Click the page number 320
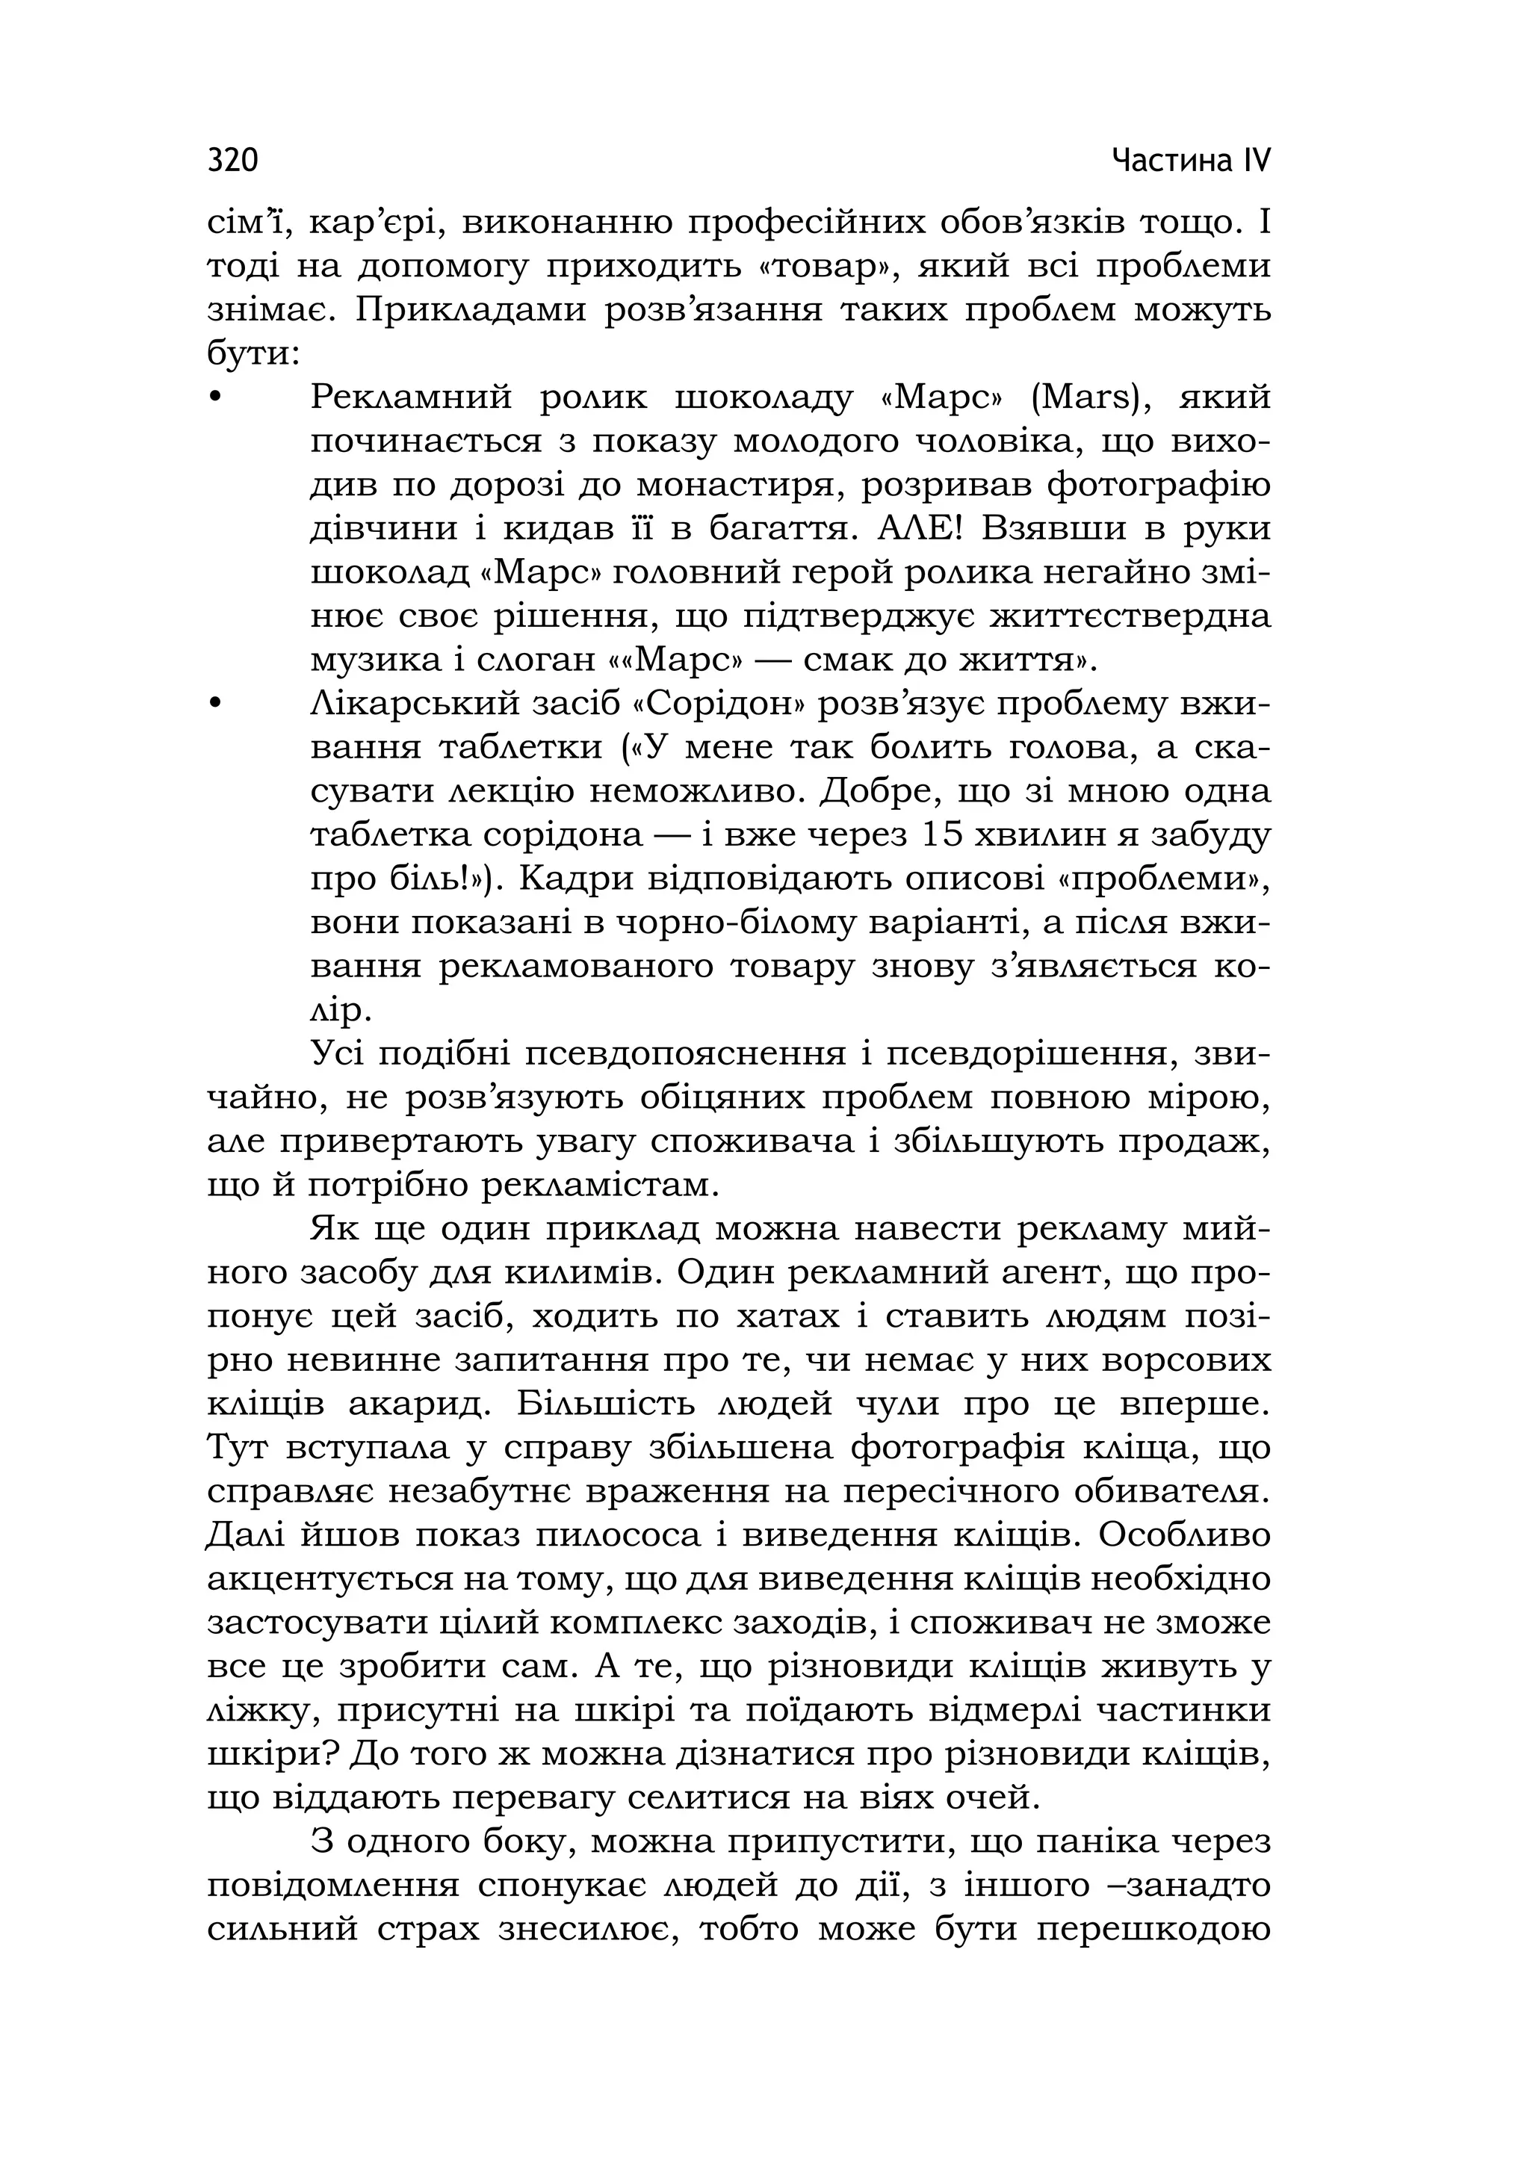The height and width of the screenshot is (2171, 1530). pyautogui.click(x=232, y=161)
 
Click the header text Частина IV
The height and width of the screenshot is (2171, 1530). pyautogui.click(x=1191, y=161)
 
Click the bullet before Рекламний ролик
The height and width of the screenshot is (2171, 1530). pyautogui.click(x=216, y=397)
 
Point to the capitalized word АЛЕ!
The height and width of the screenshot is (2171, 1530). pyautogui.click(x=919, y=527)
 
